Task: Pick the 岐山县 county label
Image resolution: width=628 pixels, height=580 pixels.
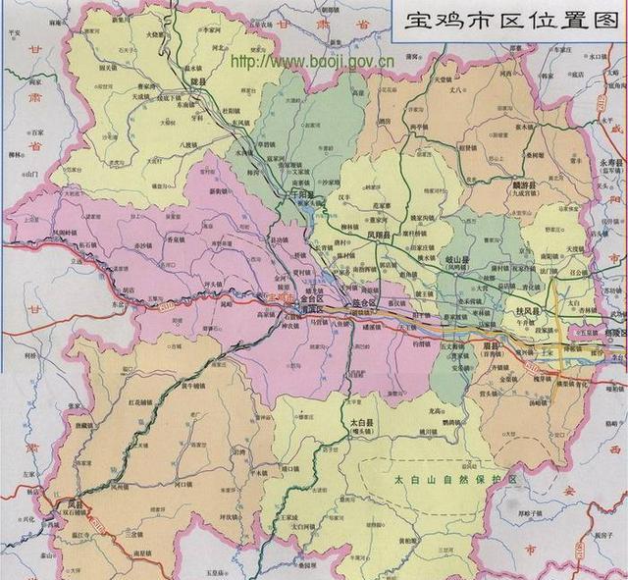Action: (x=459, y=259)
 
